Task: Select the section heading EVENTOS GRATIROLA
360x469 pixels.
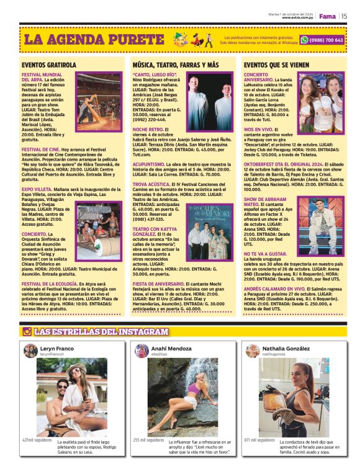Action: click(x=49, y=65)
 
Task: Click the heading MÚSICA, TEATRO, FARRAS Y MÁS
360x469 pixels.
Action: click(x=176, y=65)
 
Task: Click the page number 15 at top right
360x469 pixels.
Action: click(x=343, y=16)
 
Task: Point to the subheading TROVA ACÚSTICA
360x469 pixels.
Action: click(x=151, y=184)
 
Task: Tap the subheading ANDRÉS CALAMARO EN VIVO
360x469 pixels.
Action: click(x=274, y=288)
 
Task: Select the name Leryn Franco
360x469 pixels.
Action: click(x=56, y=349)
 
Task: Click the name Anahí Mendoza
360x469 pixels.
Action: click(x=171, y=349)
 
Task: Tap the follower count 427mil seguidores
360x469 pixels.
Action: click(x=37, y=440)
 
